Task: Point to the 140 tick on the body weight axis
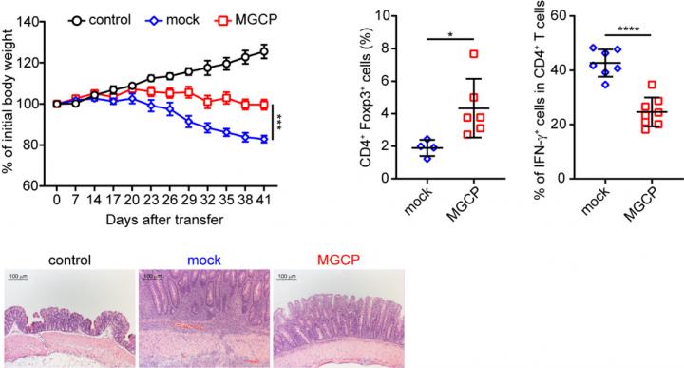[35, 20]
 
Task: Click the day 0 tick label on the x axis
[57, 202]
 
